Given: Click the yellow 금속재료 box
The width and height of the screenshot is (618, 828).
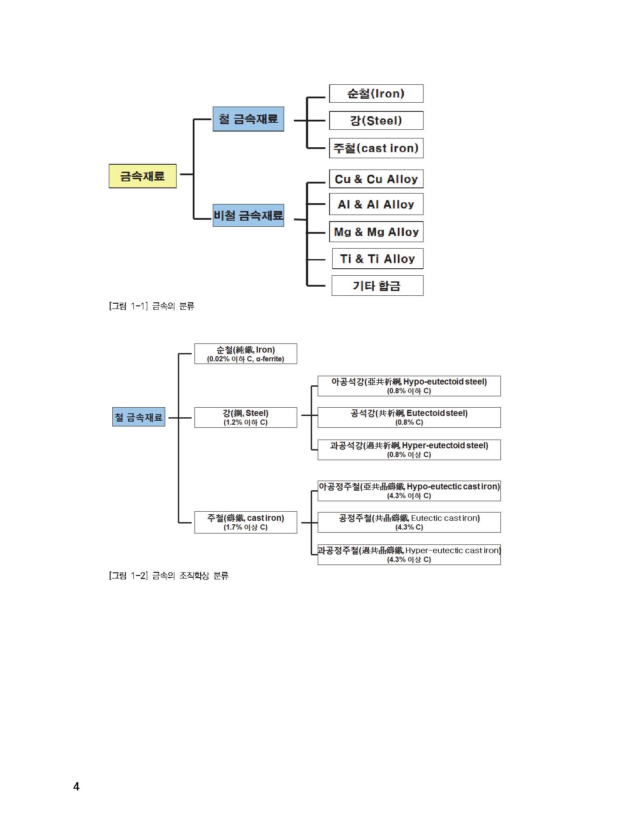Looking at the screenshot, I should pyautogui.click(x=142, y=176).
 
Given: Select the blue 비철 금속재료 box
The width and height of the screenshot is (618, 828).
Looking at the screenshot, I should pyautogui.click(x=248, y=215).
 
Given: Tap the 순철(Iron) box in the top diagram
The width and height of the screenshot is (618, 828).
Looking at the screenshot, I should pyautogui.click(x=376, y=94).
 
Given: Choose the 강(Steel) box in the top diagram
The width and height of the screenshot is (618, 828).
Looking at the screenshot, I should pyautogui.click(x=376, y=121).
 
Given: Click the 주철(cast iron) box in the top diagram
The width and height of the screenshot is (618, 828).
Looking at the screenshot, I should pyautogui.click(x=376, y=148).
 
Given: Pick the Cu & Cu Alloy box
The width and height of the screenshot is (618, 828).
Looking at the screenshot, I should pyautogui.click(x=376, y=179).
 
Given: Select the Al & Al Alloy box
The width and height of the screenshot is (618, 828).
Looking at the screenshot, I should pyautogui.click(x=376, y=204).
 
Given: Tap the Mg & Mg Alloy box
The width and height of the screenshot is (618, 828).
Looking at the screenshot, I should pyautogui.click(x=376, y=232).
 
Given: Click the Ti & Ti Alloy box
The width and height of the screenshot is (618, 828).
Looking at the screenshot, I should pyautogui.click(x=378, y=259).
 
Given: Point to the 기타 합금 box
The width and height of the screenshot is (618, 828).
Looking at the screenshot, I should pyautogui.click(x=377, y=286).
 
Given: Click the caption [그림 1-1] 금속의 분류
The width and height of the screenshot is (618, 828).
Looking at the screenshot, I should pyautogui.click(x=152, y=306).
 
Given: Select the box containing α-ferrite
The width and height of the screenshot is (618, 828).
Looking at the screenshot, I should pyautogui.click(x=246, y=354).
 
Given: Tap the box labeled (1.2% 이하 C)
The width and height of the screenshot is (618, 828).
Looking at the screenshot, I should pyautogui.click(x=246, y=418).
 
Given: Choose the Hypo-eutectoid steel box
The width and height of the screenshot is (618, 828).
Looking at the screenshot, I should pyautogui.click(x=409, y=386).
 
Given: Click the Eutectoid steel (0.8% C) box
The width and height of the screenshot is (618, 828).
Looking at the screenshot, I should pyautogui.click(x=409, y=418).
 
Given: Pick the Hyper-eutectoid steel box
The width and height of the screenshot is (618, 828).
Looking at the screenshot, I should pyautogui.click(x=409, y=450).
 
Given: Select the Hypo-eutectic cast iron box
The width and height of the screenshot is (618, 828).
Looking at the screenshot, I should pyautogui.click(x=409, y=491).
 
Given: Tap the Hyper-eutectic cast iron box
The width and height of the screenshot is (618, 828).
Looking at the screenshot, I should pyautogui.click(x=409, y=554).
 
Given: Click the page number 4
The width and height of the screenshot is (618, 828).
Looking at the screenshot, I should pyautogui.click(x=76, y=787).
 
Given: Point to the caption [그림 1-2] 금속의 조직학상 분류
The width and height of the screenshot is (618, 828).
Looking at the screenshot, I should pyautogui.click(x=169, y=576).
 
